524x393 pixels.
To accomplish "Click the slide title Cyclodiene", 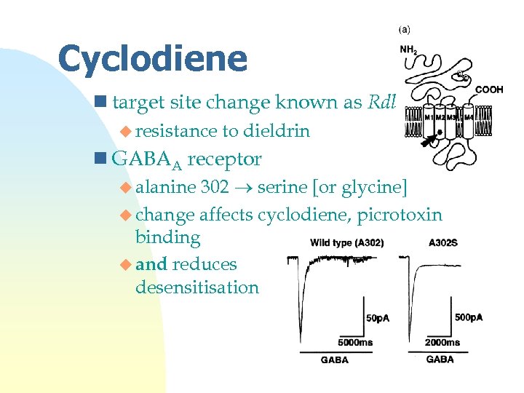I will pyautogui.click(x=152, y=59).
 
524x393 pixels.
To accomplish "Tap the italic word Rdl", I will pyautogui.click(x=381, y=103).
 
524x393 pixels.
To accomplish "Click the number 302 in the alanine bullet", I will pyautogui.click(x=215, y=187).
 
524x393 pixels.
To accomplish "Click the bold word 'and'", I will pyautogui.click(x=151, y=264).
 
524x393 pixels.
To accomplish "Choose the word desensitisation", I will pyautogui.click(x=196, y=287).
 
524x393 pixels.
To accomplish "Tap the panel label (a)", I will pyautogui.click(x=404, y=30).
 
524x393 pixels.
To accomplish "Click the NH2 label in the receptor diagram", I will pyautogui.click(x=409, y=49).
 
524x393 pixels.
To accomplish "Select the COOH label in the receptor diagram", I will pyautogui.click(x=489, y=90).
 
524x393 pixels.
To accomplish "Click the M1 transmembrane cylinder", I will pyautogui.click(x=430, y=122).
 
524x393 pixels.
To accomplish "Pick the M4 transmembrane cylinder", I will pyautogui.click(x=469, y=122).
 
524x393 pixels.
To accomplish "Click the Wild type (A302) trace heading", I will pyautogui.click(x=346, y=242).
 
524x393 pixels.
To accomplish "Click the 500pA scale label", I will pyautogui.click(x=468, y=317).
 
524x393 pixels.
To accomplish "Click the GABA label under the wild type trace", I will pyautogui.click(x=334, y=360).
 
